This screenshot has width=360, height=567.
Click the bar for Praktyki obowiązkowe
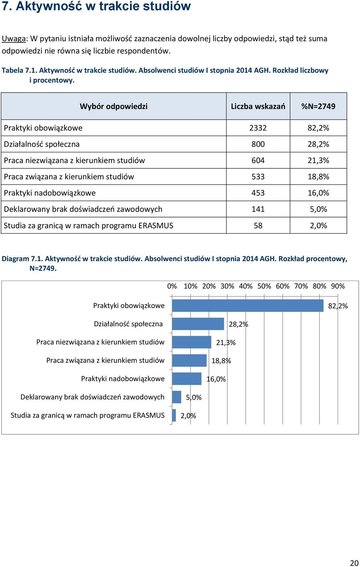[247, 306]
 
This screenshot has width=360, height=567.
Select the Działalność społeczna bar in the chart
[198, 324]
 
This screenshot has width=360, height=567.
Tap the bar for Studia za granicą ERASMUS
[174, 415]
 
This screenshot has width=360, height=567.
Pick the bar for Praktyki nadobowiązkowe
[187, 379]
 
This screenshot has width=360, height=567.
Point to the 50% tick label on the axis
[264, 286]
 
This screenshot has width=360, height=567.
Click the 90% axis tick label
[338, 286]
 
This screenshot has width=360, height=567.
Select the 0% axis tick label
[172, 286]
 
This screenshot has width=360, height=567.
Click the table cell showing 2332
[258, 128]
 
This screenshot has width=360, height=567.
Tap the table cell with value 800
[258, 144]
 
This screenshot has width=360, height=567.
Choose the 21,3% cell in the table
[318, 160]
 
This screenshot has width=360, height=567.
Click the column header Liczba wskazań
[258, 106]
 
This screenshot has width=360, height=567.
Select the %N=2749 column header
[318, 106]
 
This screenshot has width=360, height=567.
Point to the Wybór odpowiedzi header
[114, 106]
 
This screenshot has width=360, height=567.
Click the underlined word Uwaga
[13, 39]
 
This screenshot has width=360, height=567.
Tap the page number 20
[354, 563]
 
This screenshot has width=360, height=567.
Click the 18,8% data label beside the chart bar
[221, 361]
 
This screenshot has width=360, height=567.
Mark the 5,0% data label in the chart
[193, 397]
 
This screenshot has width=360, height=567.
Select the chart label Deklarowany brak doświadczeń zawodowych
[92, 397]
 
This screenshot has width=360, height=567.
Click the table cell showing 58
[258, 225]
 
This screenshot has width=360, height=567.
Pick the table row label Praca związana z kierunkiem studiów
[69, 176]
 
